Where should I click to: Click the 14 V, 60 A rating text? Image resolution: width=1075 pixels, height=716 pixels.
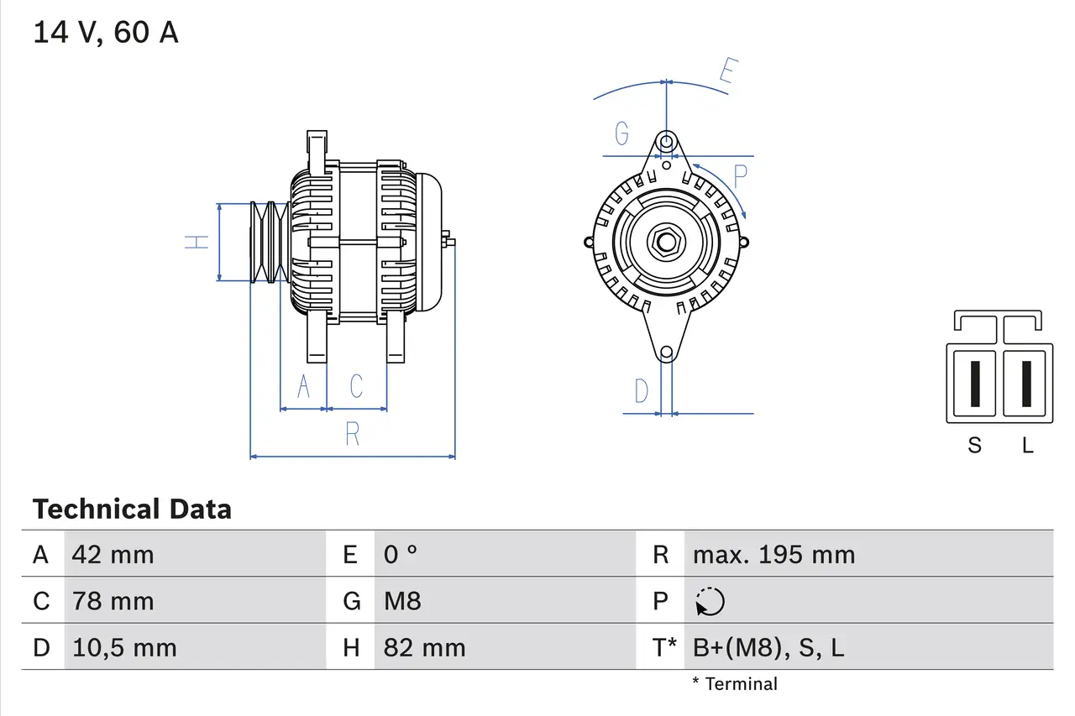[106, 33]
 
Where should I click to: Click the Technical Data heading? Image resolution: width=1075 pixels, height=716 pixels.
[132, 509]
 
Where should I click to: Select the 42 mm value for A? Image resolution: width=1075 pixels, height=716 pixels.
[113, 554]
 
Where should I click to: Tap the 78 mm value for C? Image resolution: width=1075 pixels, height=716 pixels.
[113, 601]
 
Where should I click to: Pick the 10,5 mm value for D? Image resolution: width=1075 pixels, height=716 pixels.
[124, 647]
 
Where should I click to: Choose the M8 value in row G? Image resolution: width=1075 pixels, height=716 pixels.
[402, 601]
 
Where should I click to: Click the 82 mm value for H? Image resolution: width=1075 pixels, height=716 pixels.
[424, 647]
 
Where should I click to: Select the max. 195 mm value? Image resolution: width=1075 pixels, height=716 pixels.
[773, 554]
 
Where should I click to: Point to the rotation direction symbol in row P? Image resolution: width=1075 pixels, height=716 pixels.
[710, 601]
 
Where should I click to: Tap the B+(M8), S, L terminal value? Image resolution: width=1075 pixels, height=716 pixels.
[768, 647]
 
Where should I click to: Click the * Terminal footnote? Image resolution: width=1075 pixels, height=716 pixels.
[735, 684]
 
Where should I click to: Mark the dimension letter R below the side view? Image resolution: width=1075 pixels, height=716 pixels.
[353, 435]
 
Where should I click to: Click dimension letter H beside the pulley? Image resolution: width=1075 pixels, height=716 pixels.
[197, 242]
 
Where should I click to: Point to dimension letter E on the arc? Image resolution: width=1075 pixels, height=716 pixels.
[727, 72]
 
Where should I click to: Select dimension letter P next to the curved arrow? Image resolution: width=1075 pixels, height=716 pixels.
[740, 177]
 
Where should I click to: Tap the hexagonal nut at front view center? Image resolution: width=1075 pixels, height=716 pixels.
[666, 243]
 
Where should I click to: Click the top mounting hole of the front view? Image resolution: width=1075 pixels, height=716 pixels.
[666, 141]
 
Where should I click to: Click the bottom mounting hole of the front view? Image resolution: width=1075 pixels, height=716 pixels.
[666, 353]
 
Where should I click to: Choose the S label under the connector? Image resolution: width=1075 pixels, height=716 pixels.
[974, 446]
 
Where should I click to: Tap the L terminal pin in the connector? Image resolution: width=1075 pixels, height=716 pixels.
[1026, 384]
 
